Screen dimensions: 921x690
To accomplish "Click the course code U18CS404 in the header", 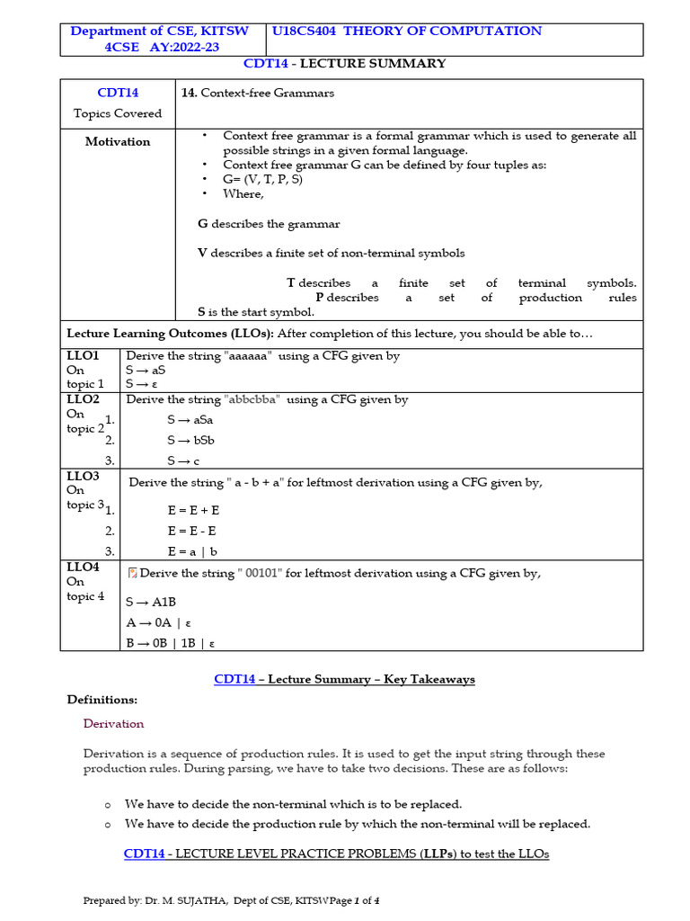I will click(x=305, y=31).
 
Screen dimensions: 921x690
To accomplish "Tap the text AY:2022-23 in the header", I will click(x=181, y=48).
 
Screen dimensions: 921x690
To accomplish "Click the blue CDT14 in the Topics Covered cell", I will click(x=118, y=93).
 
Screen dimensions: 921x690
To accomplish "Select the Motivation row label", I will click(x=118, y=142).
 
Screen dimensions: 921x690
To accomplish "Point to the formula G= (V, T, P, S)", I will click(x=262, y=179).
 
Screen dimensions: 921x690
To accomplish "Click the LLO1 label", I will click(x=83, y=355).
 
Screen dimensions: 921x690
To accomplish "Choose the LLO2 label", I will click(x=83, y=398).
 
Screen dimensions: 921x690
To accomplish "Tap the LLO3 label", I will click(x=83, y=476).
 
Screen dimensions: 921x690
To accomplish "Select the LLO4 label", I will click(x=83, y=567).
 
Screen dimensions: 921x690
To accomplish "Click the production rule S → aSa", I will click(x=190, y=420).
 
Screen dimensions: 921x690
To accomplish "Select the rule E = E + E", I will click(x=193, y=510).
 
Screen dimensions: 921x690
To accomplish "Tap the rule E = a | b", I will click(x=192, y=551).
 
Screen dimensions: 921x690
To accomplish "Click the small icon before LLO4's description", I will click(x=133, y=574).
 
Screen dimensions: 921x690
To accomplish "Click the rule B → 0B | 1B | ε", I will click(x=170, y=642).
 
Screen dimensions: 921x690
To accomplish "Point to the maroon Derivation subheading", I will click(x=113, y=723).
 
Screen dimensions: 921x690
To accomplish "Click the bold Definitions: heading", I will click(x=102, y=700).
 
